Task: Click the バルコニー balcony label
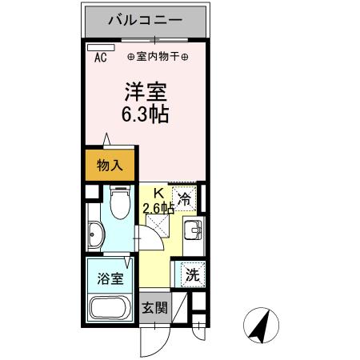(145, 19)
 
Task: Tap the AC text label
(101, 58)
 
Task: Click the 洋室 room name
(144, 90)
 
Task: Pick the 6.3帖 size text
(145, 114)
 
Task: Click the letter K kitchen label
(158, 193)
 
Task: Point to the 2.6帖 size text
(158, 209)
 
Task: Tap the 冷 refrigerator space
(185, 199)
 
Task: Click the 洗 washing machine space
(192, 274)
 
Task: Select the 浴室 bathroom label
(106, 281)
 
